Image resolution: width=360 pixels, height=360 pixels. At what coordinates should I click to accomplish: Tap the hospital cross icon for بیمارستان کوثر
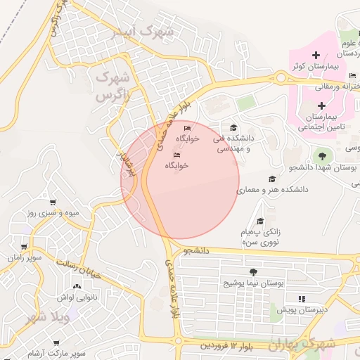click(316, 55)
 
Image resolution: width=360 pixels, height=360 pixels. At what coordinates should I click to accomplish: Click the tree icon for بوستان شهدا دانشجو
click(322, 155)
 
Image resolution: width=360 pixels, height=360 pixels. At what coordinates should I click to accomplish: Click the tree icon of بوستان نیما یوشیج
click(252, 272)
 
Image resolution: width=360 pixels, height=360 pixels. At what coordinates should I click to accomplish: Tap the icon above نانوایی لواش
click(76, 286)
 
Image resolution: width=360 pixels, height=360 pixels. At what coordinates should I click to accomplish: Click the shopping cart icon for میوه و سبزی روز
click(52, 202)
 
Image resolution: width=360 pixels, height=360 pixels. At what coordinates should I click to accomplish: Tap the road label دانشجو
click(198, 250)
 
